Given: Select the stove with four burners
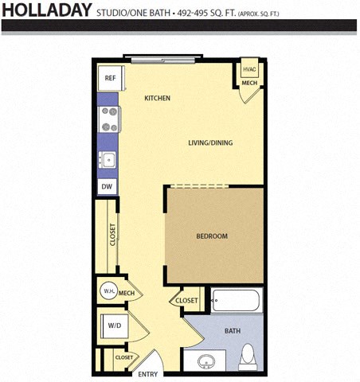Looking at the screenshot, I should click(108, 119).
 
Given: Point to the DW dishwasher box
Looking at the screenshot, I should click(106, 186).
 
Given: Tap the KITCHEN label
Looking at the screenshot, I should click(158, 98).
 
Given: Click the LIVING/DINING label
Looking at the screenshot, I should click(210, 143).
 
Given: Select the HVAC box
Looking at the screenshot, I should click(249, 70).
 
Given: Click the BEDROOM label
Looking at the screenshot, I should click(213, 236).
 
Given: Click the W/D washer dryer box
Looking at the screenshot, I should click(114, 325).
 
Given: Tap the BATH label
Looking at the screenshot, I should click(233, 331).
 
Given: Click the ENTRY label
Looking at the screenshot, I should click(148, 374).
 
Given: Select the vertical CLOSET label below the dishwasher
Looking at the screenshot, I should click(112, 234).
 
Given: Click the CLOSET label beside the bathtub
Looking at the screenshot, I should click(186, 301).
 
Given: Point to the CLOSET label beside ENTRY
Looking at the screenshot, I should click(123, 358).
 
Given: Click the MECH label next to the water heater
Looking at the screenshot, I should click(127, 294).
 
